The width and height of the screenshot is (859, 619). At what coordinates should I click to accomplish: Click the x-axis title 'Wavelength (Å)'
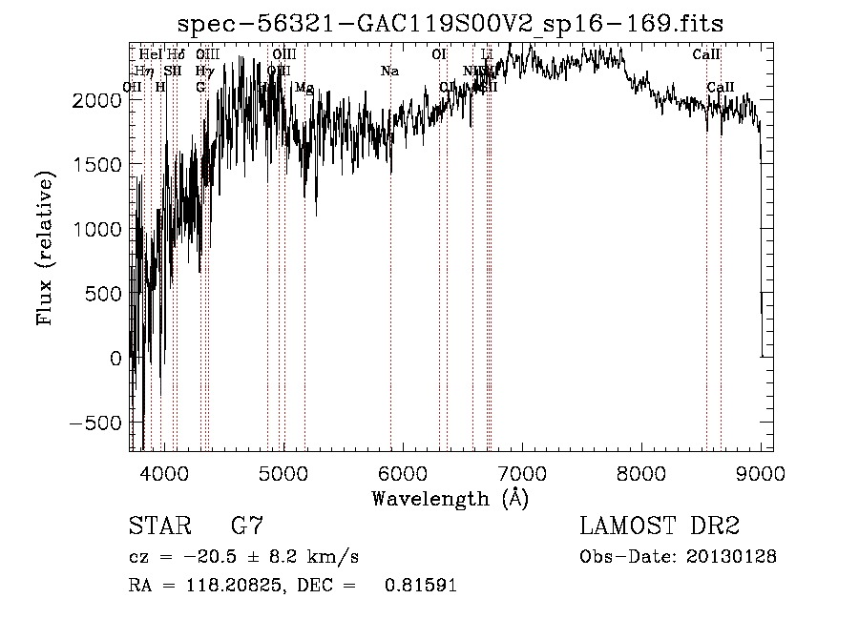tap(450, 498)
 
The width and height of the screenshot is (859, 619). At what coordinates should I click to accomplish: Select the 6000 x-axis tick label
tap(402, 472)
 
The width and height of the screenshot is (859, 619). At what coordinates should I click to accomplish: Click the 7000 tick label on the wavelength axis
tap(521, 472)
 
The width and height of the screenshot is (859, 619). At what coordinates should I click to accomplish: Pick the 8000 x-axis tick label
tap(640, 472)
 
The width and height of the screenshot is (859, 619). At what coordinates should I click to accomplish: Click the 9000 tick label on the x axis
tap(760, 472)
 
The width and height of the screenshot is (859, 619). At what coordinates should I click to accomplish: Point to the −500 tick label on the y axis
tap(96, 423)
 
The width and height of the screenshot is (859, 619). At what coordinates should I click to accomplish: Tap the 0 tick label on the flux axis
tap(116, 359)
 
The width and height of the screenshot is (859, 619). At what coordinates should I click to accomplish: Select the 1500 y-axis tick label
tap(96, 164)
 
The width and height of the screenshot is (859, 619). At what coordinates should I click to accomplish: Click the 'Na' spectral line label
tap(389, 72)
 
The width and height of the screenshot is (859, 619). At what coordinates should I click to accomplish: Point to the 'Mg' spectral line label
tap(304, 88)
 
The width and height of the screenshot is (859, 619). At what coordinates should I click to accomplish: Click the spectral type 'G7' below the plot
tap(247, 526)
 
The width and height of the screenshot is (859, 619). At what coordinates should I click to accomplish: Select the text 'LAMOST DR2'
tap(660, 526)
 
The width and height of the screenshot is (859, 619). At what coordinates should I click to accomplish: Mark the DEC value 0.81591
tap(420, 586)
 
